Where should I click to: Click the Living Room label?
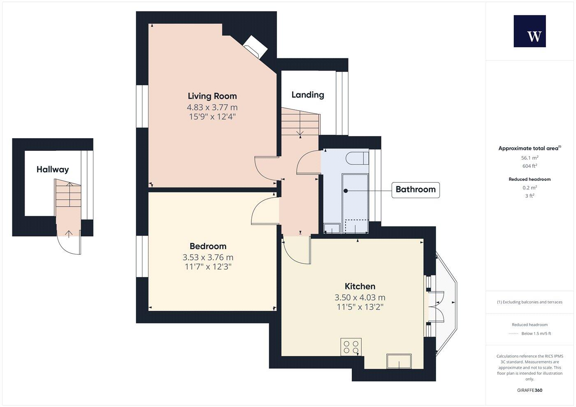[x=212, y=96]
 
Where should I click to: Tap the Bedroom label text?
[x=208, y=246]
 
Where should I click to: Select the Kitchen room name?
[x=360, y=286]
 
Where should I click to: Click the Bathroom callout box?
[x=415, y=190]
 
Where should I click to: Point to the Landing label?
[x=308, y=95]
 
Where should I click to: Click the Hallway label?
[x=53, y=169]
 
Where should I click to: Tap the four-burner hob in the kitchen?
[x=351, y=347]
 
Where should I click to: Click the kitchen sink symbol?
[x=399, y=361]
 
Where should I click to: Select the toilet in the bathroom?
[x=354, y=158]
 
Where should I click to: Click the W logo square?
[x=530, y=31]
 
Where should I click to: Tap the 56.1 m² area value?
[x=530, y=158]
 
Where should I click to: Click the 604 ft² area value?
[x=530, y=166]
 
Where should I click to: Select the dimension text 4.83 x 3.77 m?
[x=212, y=107]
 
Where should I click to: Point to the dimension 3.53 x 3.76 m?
[x=208, y=257]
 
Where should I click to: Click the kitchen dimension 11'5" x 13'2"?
[x=360, y=307]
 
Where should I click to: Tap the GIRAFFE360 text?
[x=530, y=390]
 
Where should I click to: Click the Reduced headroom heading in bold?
[x=530, y=179]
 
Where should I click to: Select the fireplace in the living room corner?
[x=255, y=46]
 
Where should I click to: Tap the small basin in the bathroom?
[x=331, y=228]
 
